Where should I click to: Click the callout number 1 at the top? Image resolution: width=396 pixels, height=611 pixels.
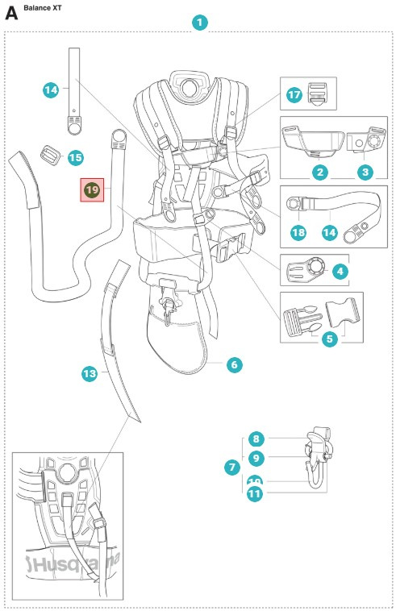tap(199, 23)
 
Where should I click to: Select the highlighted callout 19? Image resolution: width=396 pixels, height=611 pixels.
tap(91, 189)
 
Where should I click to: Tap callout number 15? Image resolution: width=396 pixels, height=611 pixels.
tap(75, 157)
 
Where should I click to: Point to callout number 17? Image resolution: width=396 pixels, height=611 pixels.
tap(294, 95)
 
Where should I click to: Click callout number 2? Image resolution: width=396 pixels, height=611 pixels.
tap(320, 172)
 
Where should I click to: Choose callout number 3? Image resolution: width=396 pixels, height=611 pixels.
tap(365, 172)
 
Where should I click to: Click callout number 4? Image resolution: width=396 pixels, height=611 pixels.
tap(339, 272)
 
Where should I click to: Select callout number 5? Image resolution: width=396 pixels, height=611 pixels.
tap(329, 339)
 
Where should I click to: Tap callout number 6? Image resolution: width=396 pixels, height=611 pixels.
tap(233, 365)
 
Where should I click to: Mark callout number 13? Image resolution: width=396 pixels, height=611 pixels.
tap(90, 373)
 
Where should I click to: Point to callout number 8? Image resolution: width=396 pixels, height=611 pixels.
tap(255, 439)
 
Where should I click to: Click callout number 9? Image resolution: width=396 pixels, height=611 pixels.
tap(255, 458)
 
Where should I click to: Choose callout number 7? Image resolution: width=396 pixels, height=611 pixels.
tap(232, 467)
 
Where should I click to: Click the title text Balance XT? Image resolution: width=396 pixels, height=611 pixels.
tap(45, 7)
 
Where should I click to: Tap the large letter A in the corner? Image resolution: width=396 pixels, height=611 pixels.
tap(11, 13)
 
